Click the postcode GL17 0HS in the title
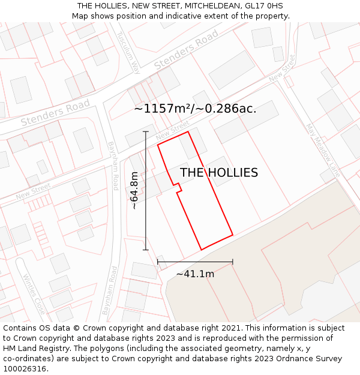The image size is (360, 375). point(263,6)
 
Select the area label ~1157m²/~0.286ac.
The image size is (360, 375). point(195,109)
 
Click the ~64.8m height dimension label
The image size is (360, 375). point(134,190)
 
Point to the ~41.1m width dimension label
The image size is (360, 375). point(195,274)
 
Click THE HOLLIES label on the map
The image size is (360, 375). point(219,173)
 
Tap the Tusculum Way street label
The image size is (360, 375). point(127,52)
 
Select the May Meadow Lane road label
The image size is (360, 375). point(323,151)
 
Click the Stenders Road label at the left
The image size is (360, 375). point(55,113)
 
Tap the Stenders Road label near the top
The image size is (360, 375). point(186,49)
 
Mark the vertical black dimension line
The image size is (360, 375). point(146,190)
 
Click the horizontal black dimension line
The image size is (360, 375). point(195,262)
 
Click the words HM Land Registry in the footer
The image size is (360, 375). point(31,348)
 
